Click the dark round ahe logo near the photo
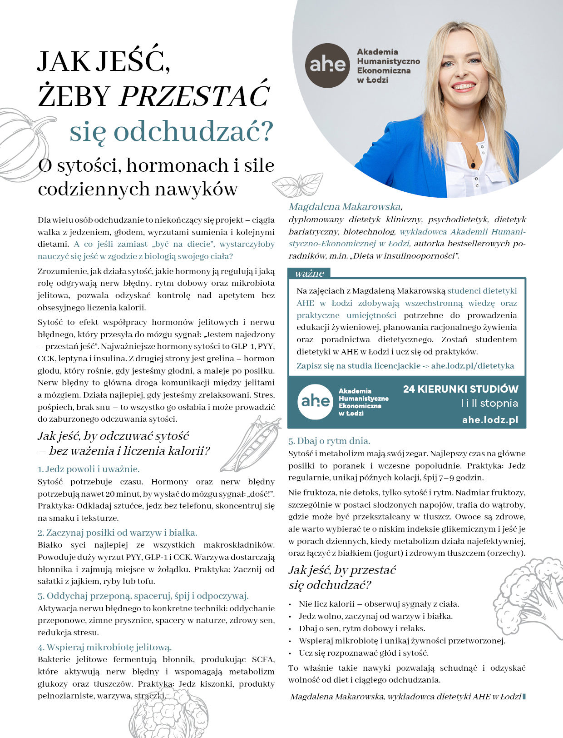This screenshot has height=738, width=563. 327,65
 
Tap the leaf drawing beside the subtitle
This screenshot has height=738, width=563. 298,184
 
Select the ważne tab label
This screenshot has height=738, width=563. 309,273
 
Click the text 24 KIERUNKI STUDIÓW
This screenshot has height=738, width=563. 460,389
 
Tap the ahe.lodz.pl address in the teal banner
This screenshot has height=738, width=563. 490,419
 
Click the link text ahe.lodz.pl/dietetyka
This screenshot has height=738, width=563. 472,366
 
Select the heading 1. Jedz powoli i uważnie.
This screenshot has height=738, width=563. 89,469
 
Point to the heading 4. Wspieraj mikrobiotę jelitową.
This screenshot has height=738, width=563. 104,647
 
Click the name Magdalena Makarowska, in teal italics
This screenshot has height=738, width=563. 346,207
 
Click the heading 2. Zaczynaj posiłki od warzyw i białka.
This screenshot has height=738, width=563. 117,533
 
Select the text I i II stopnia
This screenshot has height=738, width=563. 489,403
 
